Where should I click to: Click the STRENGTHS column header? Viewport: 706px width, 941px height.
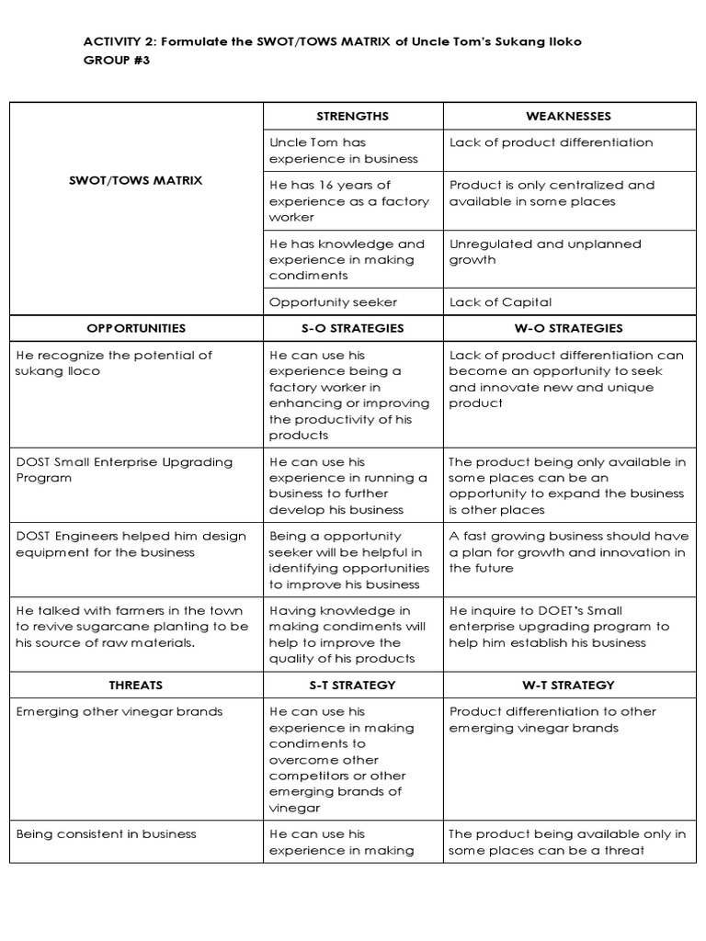coord(352,116)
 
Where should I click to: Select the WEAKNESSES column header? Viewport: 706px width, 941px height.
coord(568,116)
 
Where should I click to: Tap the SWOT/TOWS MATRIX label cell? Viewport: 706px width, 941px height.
coord(135,181)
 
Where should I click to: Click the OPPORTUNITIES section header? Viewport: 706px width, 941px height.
coord(136,328)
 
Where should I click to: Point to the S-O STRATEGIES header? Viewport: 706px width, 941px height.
coord(352,328)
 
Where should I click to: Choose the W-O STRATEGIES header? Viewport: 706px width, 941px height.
coord(568,328)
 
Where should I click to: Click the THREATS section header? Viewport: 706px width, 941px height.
coord(136,686)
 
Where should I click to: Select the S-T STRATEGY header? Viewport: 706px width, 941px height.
coord(352,686)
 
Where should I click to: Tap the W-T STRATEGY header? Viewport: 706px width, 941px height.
coord(568,686)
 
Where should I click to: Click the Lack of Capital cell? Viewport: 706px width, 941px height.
coord(501,302)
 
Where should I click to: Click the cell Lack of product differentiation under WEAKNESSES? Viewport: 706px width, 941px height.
coord(551,142)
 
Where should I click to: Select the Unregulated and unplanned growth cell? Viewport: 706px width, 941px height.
coord(545,252)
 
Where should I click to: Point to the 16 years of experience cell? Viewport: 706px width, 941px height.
coord(348,201)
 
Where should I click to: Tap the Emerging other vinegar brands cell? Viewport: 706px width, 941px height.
coord(119,712)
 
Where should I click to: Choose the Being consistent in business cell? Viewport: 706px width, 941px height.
coord(106,834)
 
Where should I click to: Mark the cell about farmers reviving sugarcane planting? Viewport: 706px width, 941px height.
coord(131,627)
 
